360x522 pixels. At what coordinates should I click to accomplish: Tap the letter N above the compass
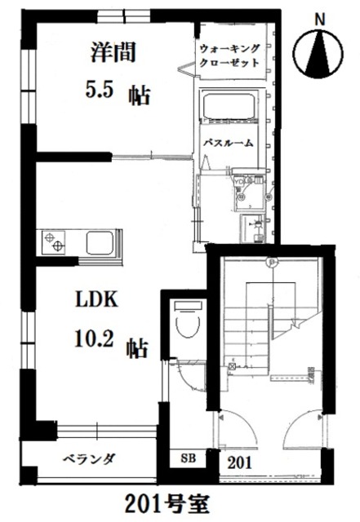(320, 16)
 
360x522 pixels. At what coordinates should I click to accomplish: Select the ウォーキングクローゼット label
(230, 55)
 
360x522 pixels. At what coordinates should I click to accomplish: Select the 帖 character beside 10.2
(137, 347)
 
